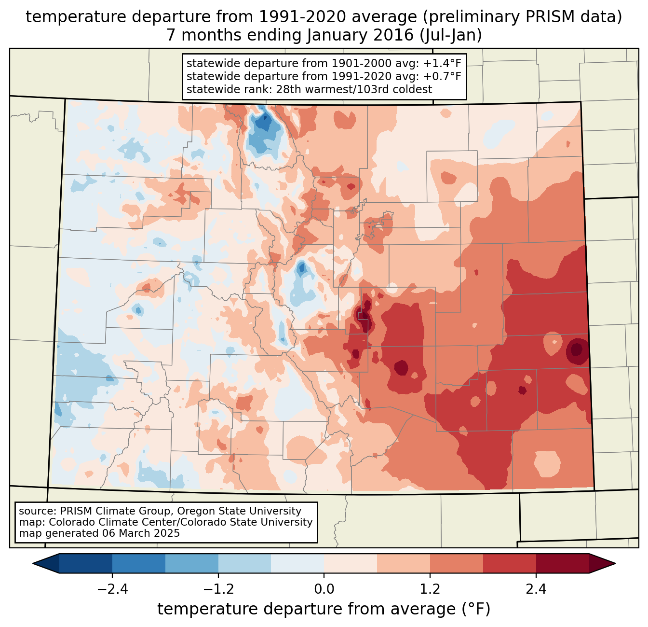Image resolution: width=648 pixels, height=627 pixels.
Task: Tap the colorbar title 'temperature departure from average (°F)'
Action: coord(324,609)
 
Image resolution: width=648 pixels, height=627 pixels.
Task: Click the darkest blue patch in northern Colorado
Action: coord(263,123)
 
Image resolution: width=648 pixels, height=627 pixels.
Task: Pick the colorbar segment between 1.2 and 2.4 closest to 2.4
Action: coord(509,563)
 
